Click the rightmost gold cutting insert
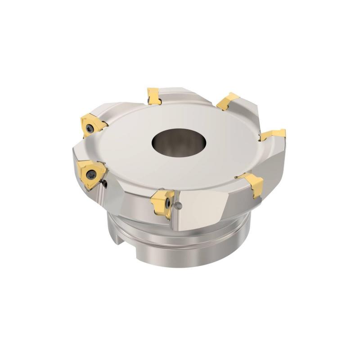(x=274, y=134)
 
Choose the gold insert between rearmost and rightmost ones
(x=227, y=101)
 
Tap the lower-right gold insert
(x=252, y=183)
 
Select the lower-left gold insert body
(x=89, y=173)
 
